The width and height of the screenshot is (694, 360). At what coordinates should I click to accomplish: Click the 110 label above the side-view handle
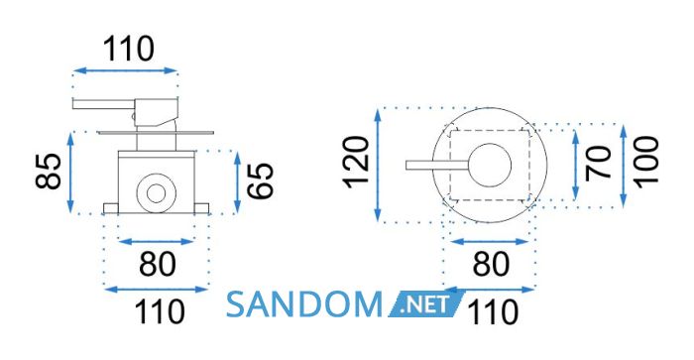[129, 49]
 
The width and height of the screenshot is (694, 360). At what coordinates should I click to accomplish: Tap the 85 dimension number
[49, 172]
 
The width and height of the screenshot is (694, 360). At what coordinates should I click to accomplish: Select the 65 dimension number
[260, 180]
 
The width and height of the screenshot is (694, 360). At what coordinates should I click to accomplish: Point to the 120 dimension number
[357, 163]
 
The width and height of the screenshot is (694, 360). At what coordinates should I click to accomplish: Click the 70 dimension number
[598, 163]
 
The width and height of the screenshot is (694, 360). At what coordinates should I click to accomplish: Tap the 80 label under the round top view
[491, 265]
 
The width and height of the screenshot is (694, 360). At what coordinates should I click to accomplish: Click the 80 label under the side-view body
[158, 265]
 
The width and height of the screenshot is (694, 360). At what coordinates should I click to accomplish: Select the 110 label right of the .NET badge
[493, 312]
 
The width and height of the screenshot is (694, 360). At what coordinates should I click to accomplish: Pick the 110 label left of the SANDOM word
[160, 311]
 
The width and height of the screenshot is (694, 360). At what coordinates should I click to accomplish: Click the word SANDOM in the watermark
[304, 304]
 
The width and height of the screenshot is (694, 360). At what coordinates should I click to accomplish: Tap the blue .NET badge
[425, 304]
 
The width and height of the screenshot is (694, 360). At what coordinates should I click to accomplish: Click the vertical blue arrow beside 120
[378, 165]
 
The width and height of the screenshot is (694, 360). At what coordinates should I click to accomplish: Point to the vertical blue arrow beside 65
[237, 181]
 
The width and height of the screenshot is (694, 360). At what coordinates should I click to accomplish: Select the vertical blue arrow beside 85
[70, 173]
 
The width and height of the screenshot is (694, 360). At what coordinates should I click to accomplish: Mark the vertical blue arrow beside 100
[624, 166]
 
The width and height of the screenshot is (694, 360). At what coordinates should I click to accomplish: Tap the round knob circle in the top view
[490, 166]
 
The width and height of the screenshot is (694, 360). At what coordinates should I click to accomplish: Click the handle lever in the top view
[437, 166]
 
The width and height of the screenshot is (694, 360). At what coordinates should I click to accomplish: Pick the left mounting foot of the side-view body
[111, 208]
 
